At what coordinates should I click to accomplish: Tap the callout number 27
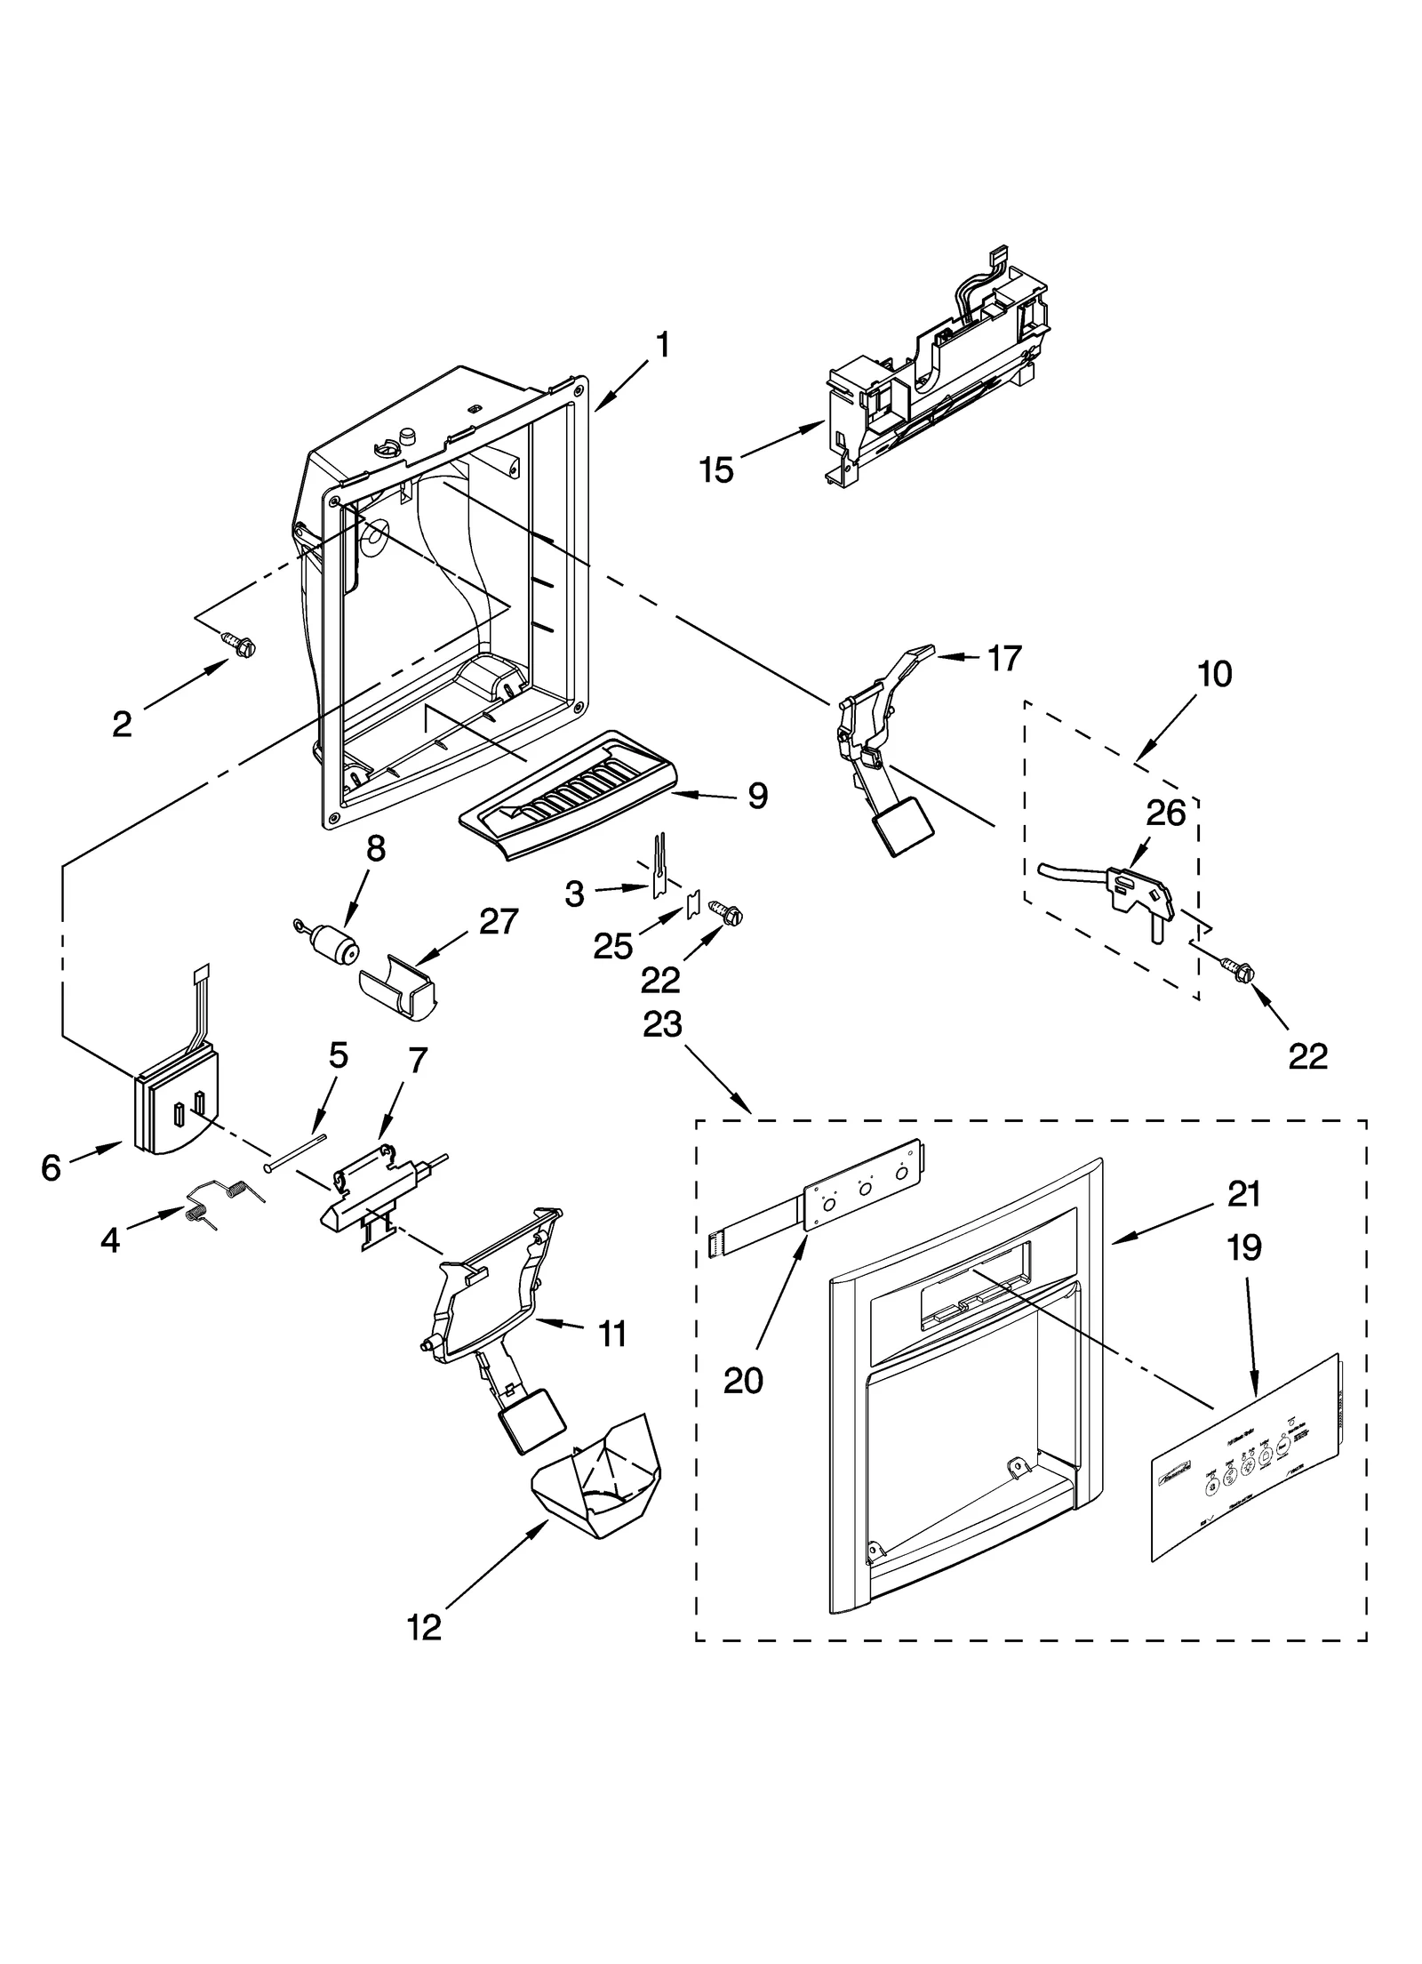pyautogui.click(x=499, y=922)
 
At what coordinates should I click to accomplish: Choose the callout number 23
pyautogui.click(x=662, y=1025)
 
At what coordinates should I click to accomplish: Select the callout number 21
pyautogui.click(x=1243, y=1195)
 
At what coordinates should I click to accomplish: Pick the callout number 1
pyautogui.click(x=661, y=346)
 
